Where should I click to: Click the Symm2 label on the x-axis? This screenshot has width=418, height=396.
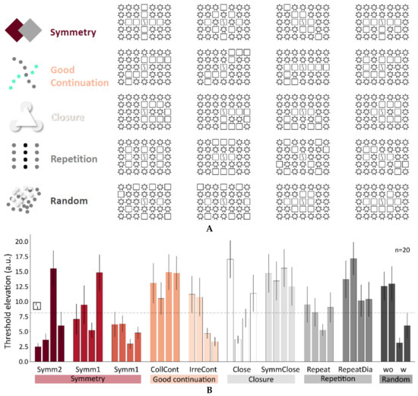[49, 368]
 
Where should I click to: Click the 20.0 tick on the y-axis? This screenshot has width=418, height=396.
[20, 242]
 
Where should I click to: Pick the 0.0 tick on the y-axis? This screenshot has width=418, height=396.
[21, 358]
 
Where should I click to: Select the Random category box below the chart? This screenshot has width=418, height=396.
[398, 379]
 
